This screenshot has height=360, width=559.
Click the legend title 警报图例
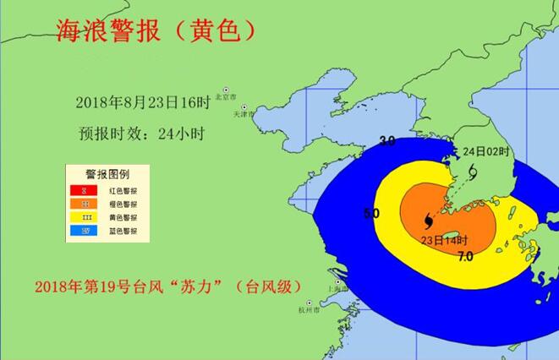[x=107, y=175]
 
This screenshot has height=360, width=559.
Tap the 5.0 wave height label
[x=370, y=214]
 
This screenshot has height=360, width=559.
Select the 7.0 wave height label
[x=464, y=256]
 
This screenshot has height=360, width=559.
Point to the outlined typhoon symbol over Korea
[x=471, y=172]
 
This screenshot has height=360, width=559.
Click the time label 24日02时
[x=488, y=151]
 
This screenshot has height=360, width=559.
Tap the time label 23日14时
[x=444, y=243]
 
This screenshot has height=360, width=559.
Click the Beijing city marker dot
[x=226, y=89]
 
